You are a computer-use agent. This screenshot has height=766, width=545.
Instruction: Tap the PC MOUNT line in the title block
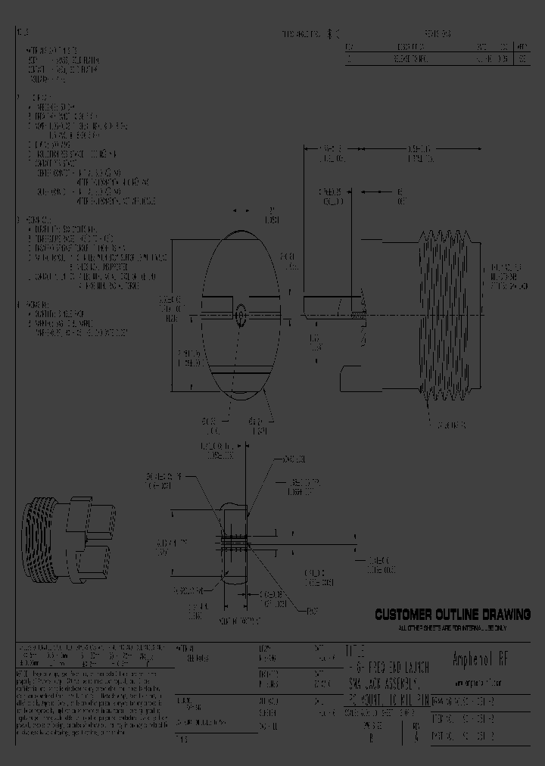(x=388, y=700)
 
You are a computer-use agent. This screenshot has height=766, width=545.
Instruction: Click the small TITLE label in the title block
(x=356, y=651)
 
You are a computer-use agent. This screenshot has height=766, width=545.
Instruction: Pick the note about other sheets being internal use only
(x=453, y=628)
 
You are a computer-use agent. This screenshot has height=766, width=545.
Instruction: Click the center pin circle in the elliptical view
(x=241, y=312)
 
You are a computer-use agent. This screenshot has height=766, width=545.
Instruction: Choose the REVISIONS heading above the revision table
(x=438, y=35)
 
